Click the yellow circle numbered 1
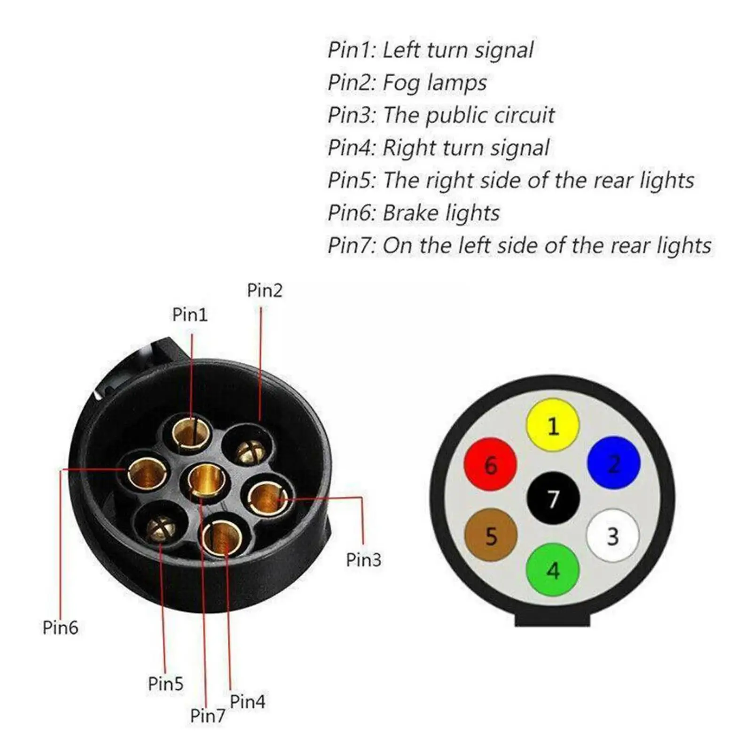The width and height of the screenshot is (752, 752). [553, 425]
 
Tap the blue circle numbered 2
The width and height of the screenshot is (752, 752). [613, 463]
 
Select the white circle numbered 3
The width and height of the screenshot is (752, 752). [613, 535]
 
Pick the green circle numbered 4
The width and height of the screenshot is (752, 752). [553, 569]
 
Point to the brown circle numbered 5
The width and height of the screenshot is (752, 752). [491, 535]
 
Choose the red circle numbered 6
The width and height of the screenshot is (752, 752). [490, 464]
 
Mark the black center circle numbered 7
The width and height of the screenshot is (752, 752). [553, 498]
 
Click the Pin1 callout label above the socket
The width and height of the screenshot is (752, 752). [190, 314]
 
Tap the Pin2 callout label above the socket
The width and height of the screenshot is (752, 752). [265, 290]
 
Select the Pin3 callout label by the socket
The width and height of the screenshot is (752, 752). [363, 560]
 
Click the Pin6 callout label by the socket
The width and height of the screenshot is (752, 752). [60, 627]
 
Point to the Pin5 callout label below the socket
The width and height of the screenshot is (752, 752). [165, 683]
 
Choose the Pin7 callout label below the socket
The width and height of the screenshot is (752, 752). [207, 716]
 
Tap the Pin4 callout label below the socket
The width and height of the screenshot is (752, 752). [247, 702]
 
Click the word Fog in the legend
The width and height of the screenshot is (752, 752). [400, 83]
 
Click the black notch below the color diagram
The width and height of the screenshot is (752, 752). [552, 617]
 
